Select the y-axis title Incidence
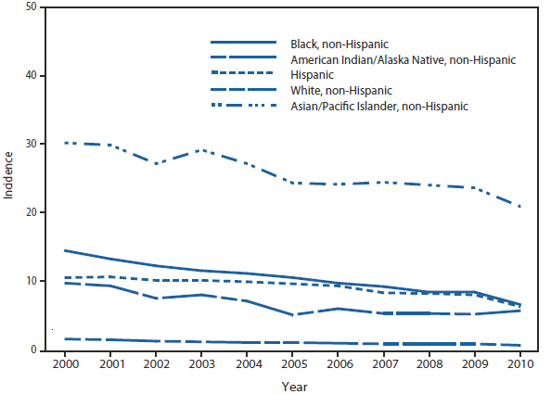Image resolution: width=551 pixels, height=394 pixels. (8, 176)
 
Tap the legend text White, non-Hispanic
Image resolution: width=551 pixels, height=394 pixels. (341, 91)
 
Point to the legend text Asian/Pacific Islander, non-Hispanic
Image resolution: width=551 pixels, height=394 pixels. (379, 107)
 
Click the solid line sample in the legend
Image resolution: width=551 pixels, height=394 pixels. (244, 44)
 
